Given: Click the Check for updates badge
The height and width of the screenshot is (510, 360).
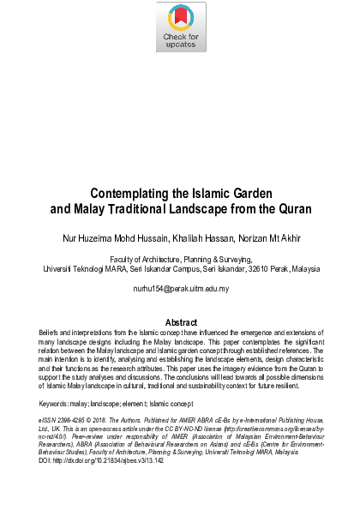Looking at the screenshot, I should [180, 28].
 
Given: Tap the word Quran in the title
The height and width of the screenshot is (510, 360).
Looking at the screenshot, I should [288, 207].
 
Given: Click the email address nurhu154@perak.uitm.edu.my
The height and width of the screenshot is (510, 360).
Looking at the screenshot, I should [180, 289].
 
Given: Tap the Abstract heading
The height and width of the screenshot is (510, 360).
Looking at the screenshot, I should [180, 322].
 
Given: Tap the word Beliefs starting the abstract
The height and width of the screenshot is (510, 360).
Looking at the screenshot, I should [50, 332].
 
